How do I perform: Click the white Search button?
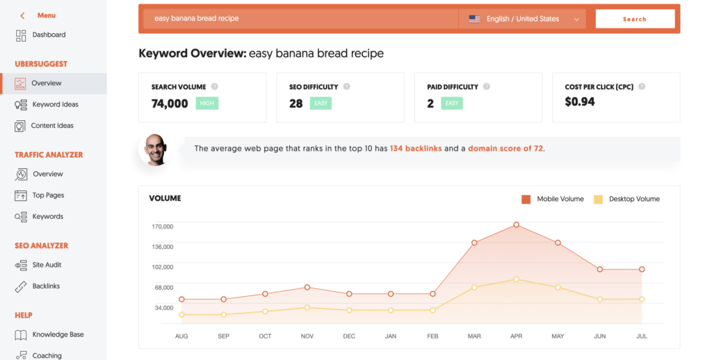pyautogui.click(x=634, y=19)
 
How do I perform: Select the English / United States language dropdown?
pyautogui.click(x=523, y=19)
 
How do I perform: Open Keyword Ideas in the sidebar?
pyautogui.click(x=55, y=104)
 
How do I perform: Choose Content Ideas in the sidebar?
pyautogui.click(x=52, y=126)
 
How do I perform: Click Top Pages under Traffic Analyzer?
pyautogui.click(x=48, y=195)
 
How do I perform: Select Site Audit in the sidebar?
pyautogui.click(x=47, y=265)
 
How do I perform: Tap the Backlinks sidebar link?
pyautogui.click(x=46, y=286)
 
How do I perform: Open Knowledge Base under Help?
pyautogui.click(x=58, y=334)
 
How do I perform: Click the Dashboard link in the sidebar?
pyautogui.click(x=49, y=35)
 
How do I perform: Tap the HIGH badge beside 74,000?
pyautogui.click(x=207, y=104)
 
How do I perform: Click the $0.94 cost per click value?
pyautogui.click(x=580, y=102)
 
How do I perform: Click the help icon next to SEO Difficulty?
pyautogui.click(x=346, y=87)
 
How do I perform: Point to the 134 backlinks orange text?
pyautogui.click(x=415, y=149)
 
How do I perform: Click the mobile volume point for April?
pyautogui.click(x=516, y=225)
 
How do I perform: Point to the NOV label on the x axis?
pyautogui.click(x=307, y=336)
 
